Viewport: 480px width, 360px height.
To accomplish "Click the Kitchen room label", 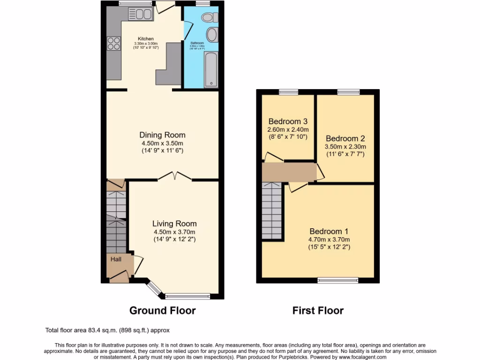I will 145,39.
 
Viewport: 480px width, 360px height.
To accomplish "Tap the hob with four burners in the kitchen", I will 114,43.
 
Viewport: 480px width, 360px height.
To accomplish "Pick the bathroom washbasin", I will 211,35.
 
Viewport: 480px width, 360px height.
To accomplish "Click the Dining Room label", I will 162,135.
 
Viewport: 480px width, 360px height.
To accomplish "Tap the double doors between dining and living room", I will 175,177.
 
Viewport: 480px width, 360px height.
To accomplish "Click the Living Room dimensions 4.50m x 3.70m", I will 174,232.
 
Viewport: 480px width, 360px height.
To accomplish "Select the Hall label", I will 116,259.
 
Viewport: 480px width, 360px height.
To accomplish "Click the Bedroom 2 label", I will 345,139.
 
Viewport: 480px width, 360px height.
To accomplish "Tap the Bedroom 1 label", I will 329,231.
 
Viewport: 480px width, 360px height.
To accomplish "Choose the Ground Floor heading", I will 162,310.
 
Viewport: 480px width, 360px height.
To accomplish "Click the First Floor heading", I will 318,310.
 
